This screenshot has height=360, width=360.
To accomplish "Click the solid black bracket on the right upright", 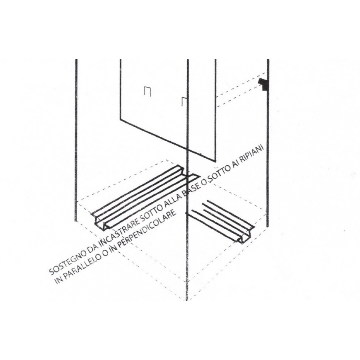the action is (263, 84).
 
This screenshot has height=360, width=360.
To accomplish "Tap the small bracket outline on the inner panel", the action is (147, 90).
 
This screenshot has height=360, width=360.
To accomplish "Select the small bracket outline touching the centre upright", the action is (185, 101).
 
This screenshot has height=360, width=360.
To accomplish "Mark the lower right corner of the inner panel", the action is (215, 161).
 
